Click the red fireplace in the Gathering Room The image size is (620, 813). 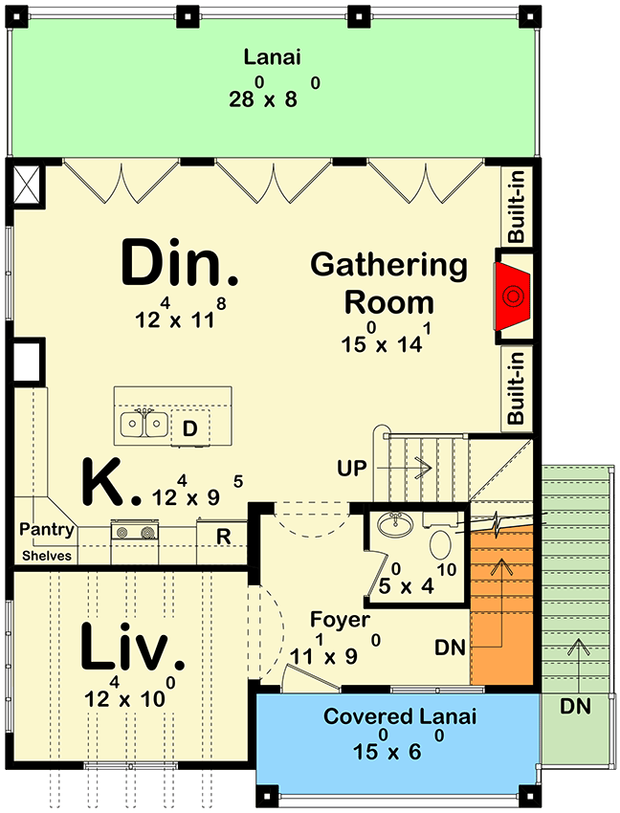coord(514,297)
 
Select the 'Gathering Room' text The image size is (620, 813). coord(388,283)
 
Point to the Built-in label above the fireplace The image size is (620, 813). coord(517,211)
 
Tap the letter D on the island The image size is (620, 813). coord(189,430)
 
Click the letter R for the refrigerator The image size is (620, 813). coord(222,537)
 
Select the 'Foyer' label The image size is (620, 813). coord(340,621)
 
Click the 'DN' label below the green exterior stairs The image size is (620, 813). coord(577,707)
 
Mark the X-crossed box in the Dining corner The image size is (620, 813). coord(28,185)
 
